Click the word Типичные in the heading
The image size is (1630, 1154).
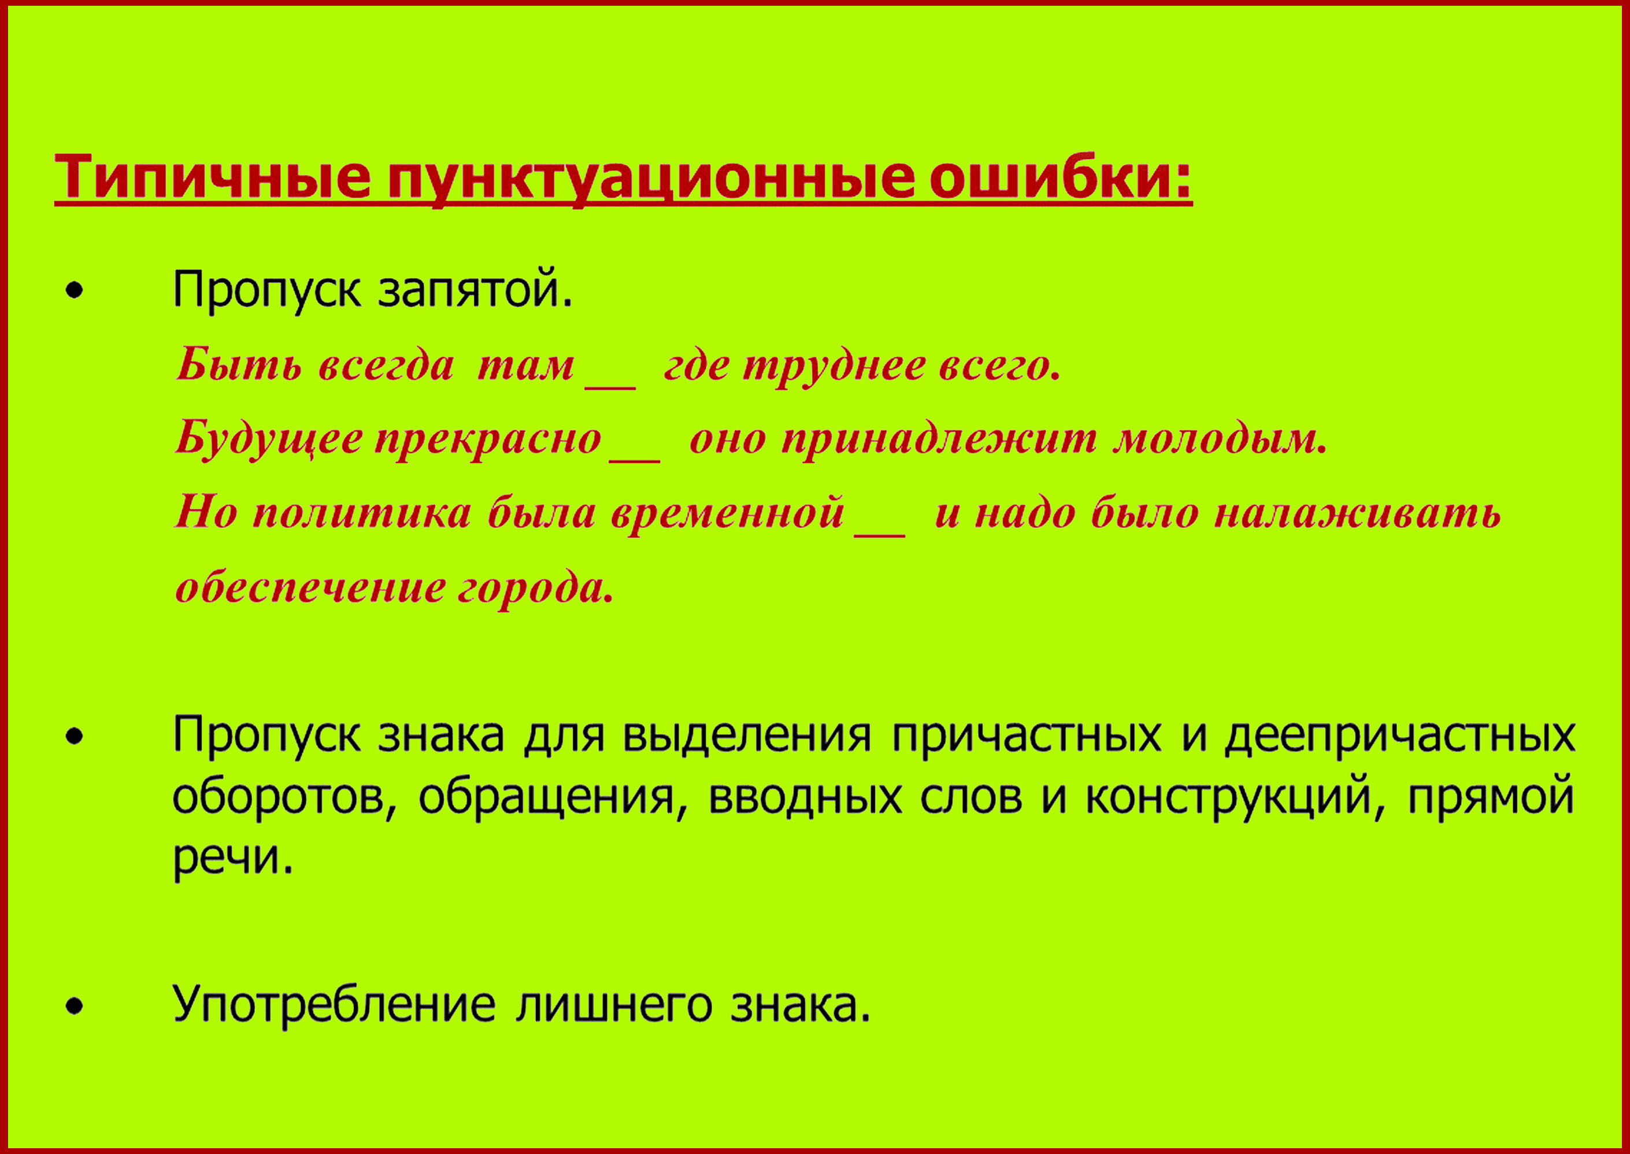click(x=213, y=176)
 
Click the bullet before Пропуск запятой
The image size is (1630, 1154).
click(x=75, y=291)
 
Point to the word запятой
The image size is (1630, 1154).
click(x=475, y=289)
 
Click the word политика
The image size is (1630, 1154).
click(x=362, y=513)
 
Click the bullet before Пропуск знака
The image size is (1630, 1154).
click(x=75, y=737)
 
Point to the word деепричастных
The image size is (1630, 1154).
click(x=1400, y=735)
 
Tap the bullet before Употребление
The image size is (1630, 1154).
click(x=75, y=1007)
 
